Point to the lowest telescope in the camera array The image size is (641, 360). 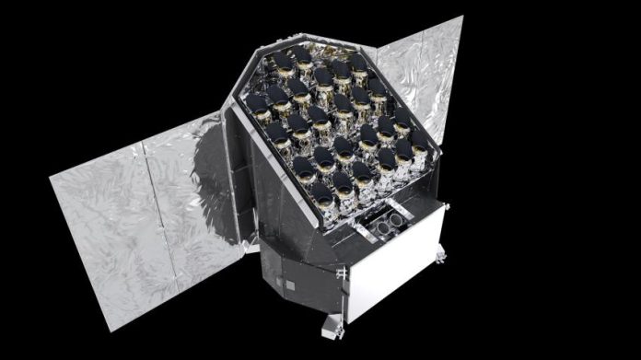click(x=321, y=195)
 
